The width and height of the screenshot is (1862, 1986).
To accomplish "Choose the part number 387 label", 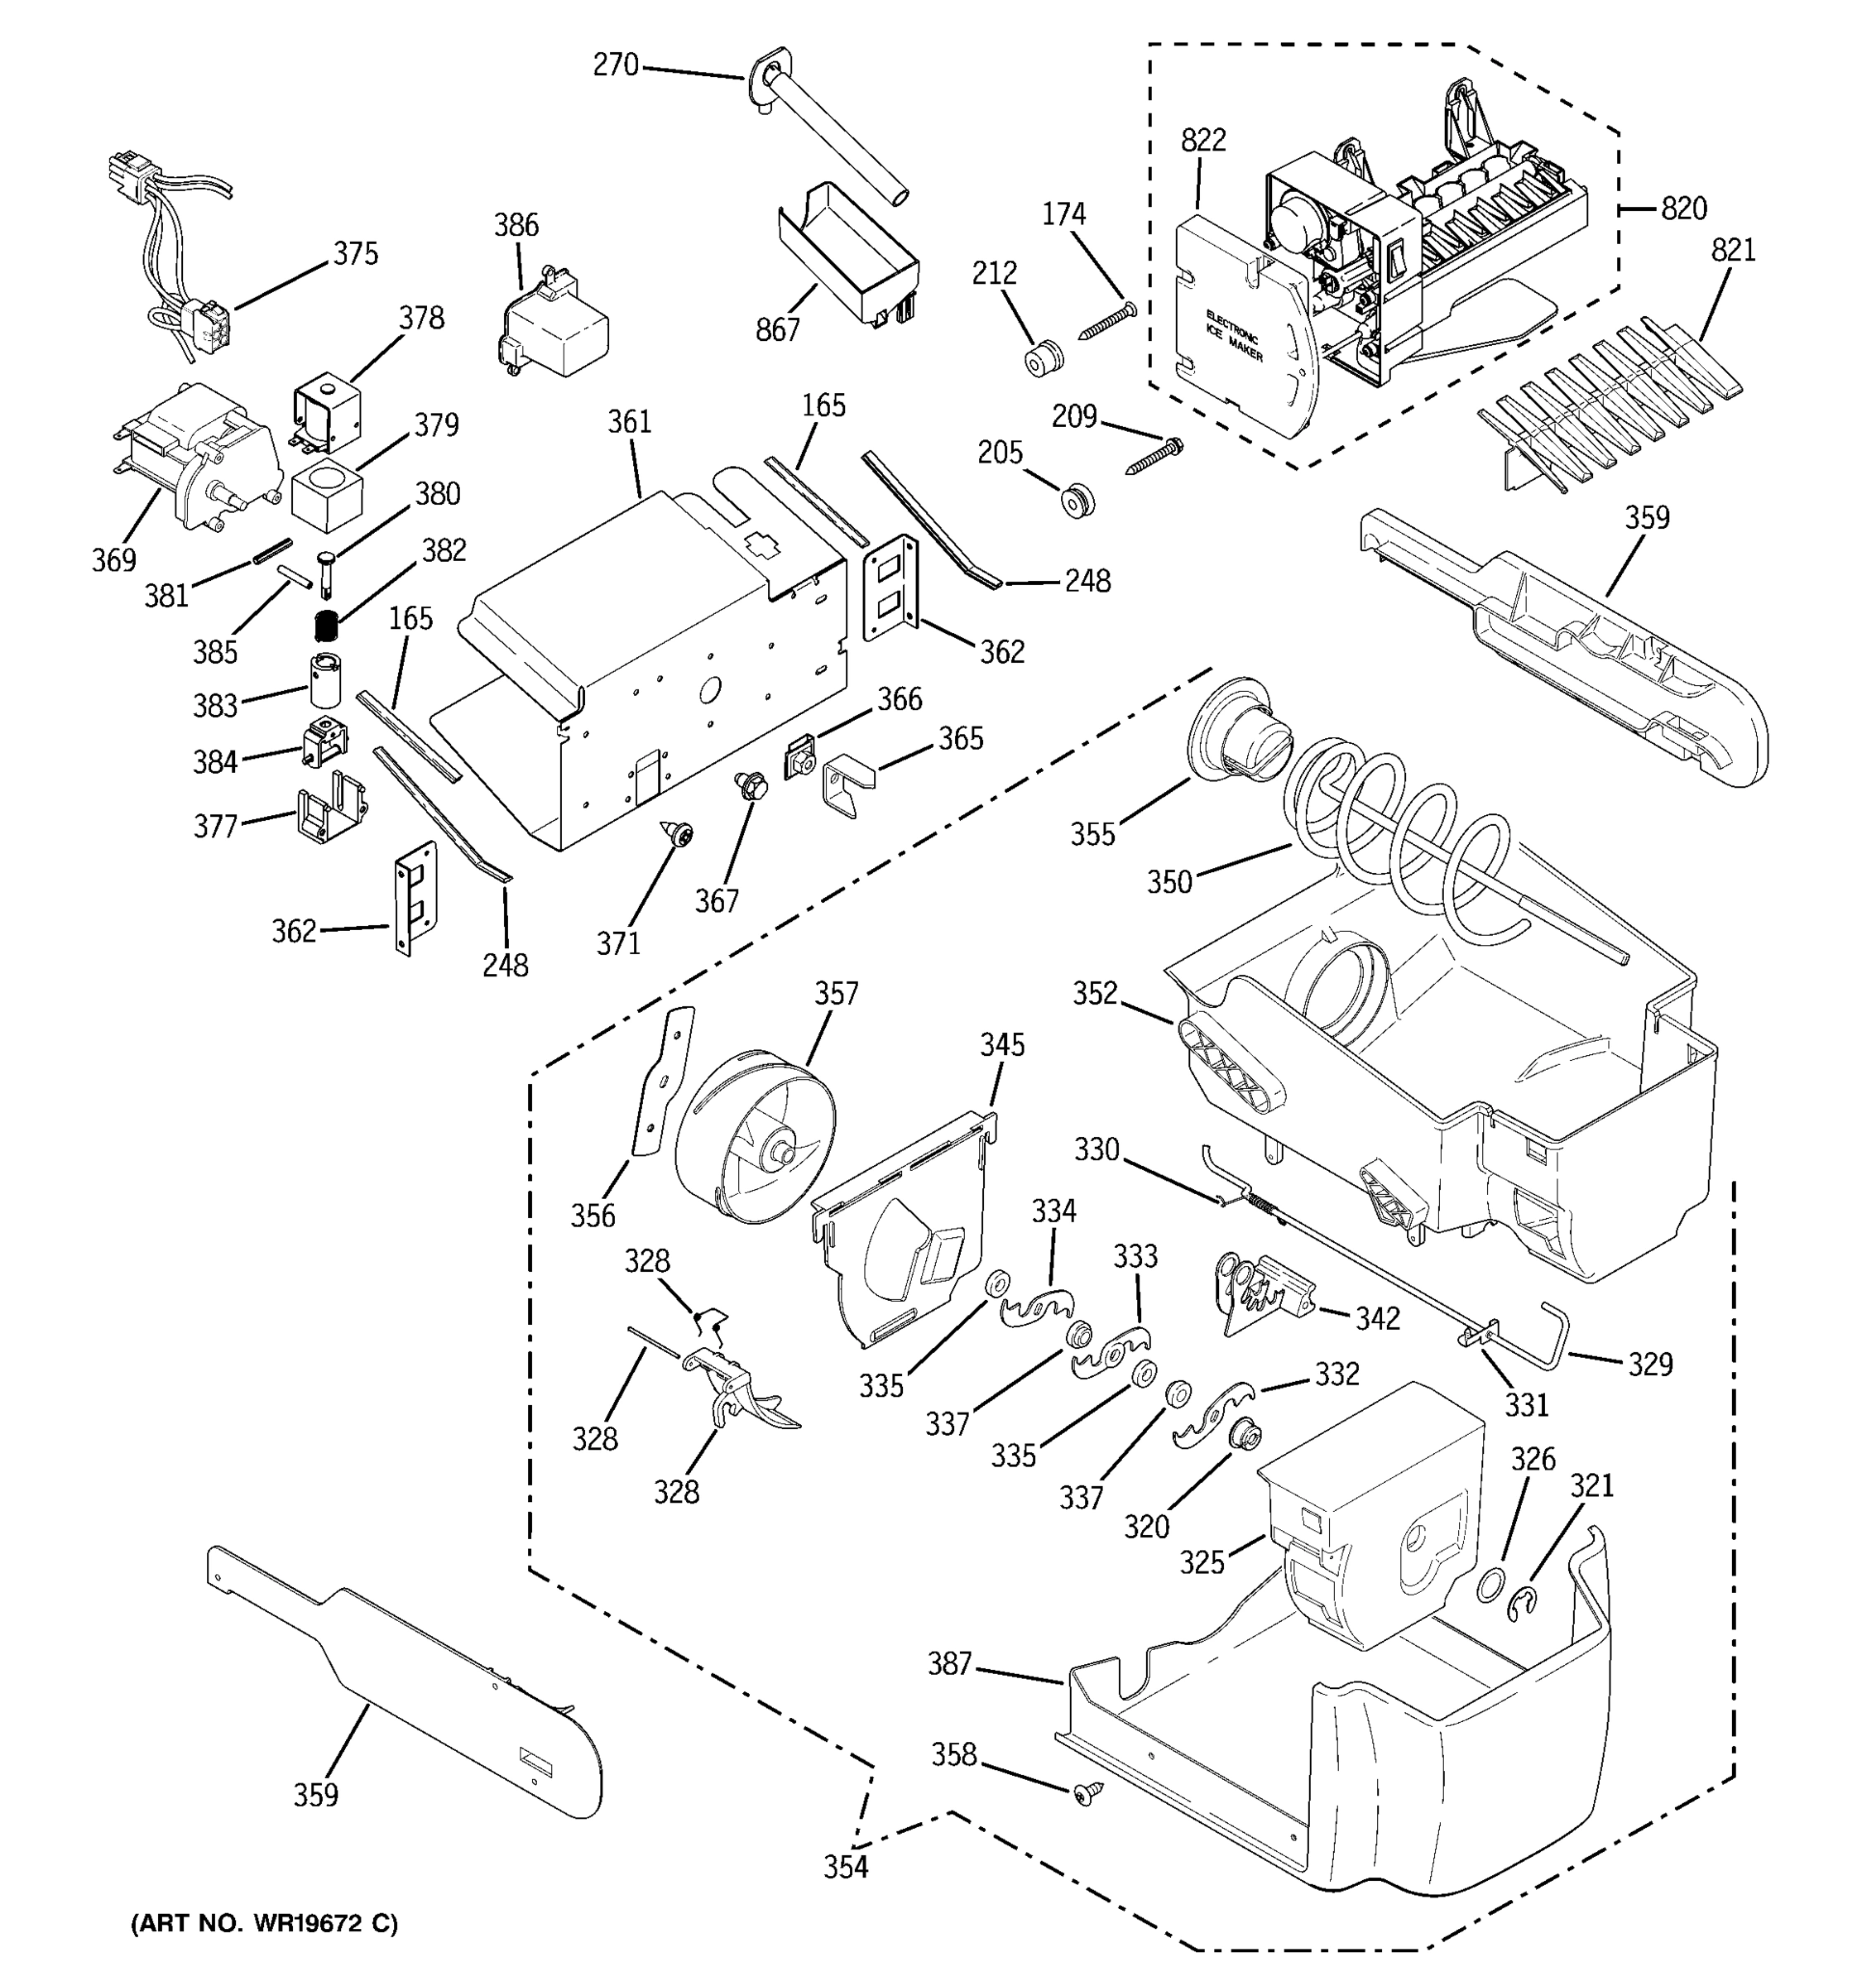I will (x=949, y=1663).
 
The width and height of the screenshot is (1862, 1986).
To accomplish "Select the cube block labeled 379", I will (x=327, y=490).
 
